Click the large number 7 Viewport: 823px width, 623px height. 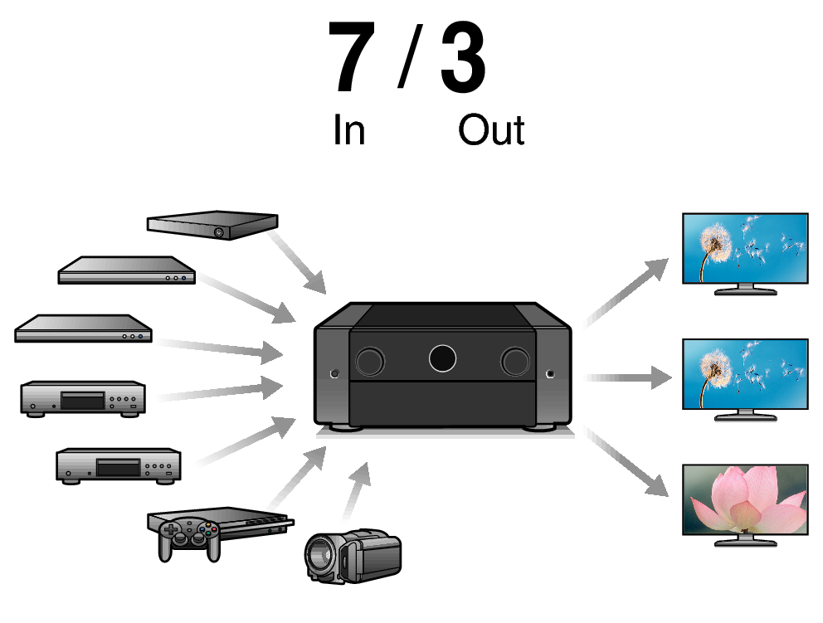click(x=353, y=58)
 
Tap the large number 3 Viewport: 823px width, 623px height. click(x=462, y=58)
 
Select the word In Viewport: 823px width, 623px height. click(x=348, y=131)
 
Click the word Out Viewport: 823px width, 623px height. click(x=491, y=131)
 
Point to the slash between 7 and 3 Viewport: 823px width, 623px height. click(x=407, y=56)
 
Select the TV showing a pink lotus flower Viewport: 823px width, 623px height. click(x=744, y=499)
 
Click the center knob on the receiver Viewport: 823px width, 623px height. click(x=442, y=358)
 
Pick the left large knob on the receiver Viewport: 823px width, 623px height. click(x=369, y=360)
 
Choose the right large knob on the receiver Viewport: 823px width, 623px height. click(x=515, y=360)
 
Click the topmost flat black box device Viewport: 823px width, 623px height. click(x=212, y=224)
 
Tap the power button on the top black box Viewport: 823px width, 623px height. click(x=218, y=233)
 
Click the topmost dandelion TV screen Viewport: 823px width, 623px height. click(x=744, y=248)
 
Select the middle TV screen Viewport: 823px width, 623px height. click(x=744, y=373)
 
